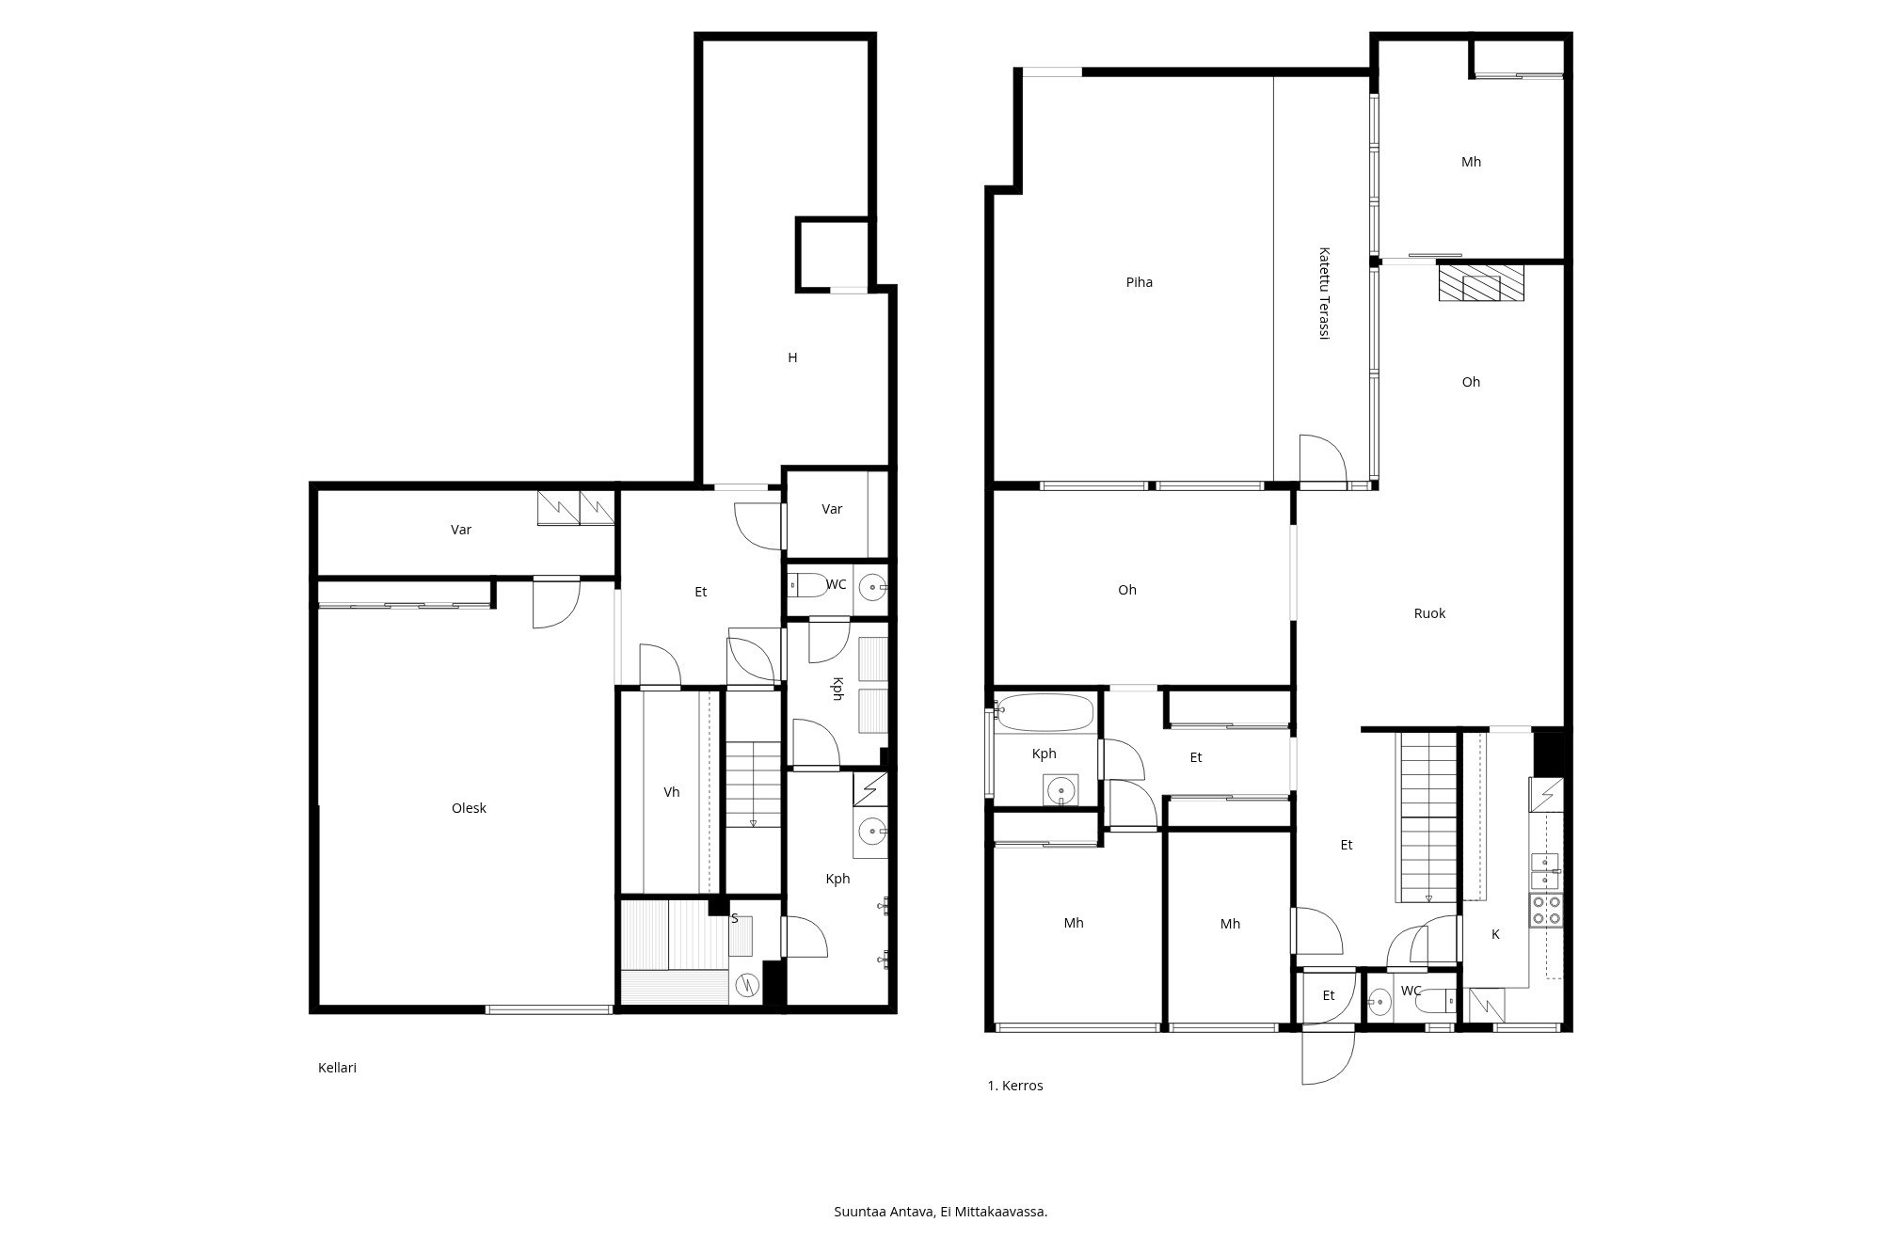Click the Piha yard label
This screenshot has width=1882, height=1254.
pyautogui.click(x=1139, y=282)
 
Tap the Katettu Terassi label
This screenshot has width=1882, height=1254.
pyautogui.click(x=1324, y=294)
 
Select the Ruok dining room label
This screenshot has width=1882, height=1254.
pyautogui.click(x=1429, y=613)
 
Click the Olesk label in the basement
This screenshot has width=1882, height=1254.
pyautogui.click(x=469, y=808)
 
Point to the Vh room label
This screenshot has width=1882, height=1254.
pyautogui.click(x=671, y=792)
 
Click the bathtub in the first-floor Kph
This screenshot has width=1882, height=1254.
pyautogui.click(x=1045, y=713)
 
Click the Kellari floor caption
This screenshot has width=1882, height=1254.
pyautogui.click(x=337, y=1068)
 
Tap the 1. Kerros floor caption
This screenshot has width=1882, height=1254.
pyautogui.click(x=1014, y=1086)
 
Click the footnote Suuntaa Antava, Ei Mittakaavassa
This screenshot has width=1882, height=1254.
pyautogui.click(x=940, y=1212)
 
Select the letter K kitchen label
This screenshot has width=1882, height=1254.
pyautogui.click(x=1495, y=934)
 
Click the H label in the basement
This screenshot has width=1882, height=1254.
pyautogui.click(x=792, y=357)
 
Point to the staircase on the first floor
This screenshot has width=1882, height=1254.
pyautogui.click(x=1428, y=817)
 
